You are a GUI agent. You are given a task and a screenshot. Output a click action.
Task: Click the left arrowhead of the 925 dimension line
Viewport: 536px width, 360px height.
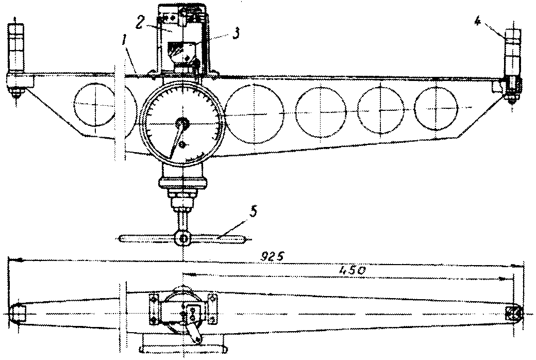tap(12, 260)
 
